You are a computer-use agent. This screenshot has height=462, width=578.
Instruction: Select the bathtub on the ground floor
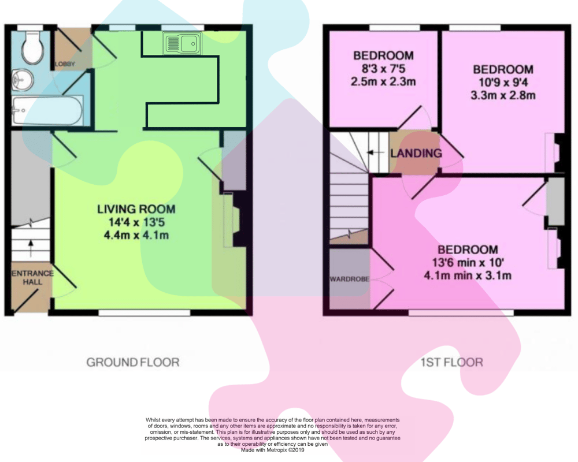[47, 110]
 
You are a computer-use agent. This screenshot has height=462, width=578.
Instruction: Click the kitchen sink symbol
[182, 43]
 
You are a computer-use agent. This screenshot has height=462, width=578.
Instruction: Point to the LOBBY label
[65, 64]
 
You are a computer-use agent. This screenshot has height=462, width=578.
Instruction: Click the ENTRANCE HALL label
[32, 278]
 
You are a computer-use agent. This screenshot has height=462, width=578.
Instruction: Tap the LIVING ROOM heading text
[136, 209]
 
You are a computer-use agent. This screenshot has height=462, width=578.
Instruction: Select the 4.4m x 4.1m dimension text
[136, 235]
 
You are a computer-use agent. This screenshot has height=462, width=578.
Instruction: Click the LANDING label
[416, 153]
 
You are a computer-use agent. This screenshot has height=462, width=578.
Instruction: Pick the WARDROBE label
[350, 280]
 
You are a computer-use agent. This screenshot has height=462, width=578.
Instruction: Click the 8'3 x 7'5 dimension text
[383, 69]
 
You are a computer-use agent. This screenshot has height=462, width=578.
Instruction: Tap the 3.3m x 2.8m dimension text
[503, 95]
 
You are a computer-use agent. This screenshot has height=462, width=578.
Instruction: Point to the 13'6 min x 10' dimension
[468, 262]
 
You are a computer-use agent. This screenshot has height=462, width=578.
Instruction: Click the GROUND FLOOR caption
[133, 363]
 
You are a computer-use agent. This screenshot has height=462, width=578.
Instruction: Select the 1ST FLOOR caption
[452, 363]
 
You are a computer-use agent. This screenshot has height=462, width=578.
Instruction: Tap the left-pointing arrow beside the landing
[376, 152]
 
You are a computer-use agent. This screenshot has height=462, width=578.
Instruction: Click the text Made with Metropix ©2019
[272, 450]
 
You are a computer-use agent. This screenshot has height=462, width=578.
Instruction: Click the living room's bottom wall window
[144, 313]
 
